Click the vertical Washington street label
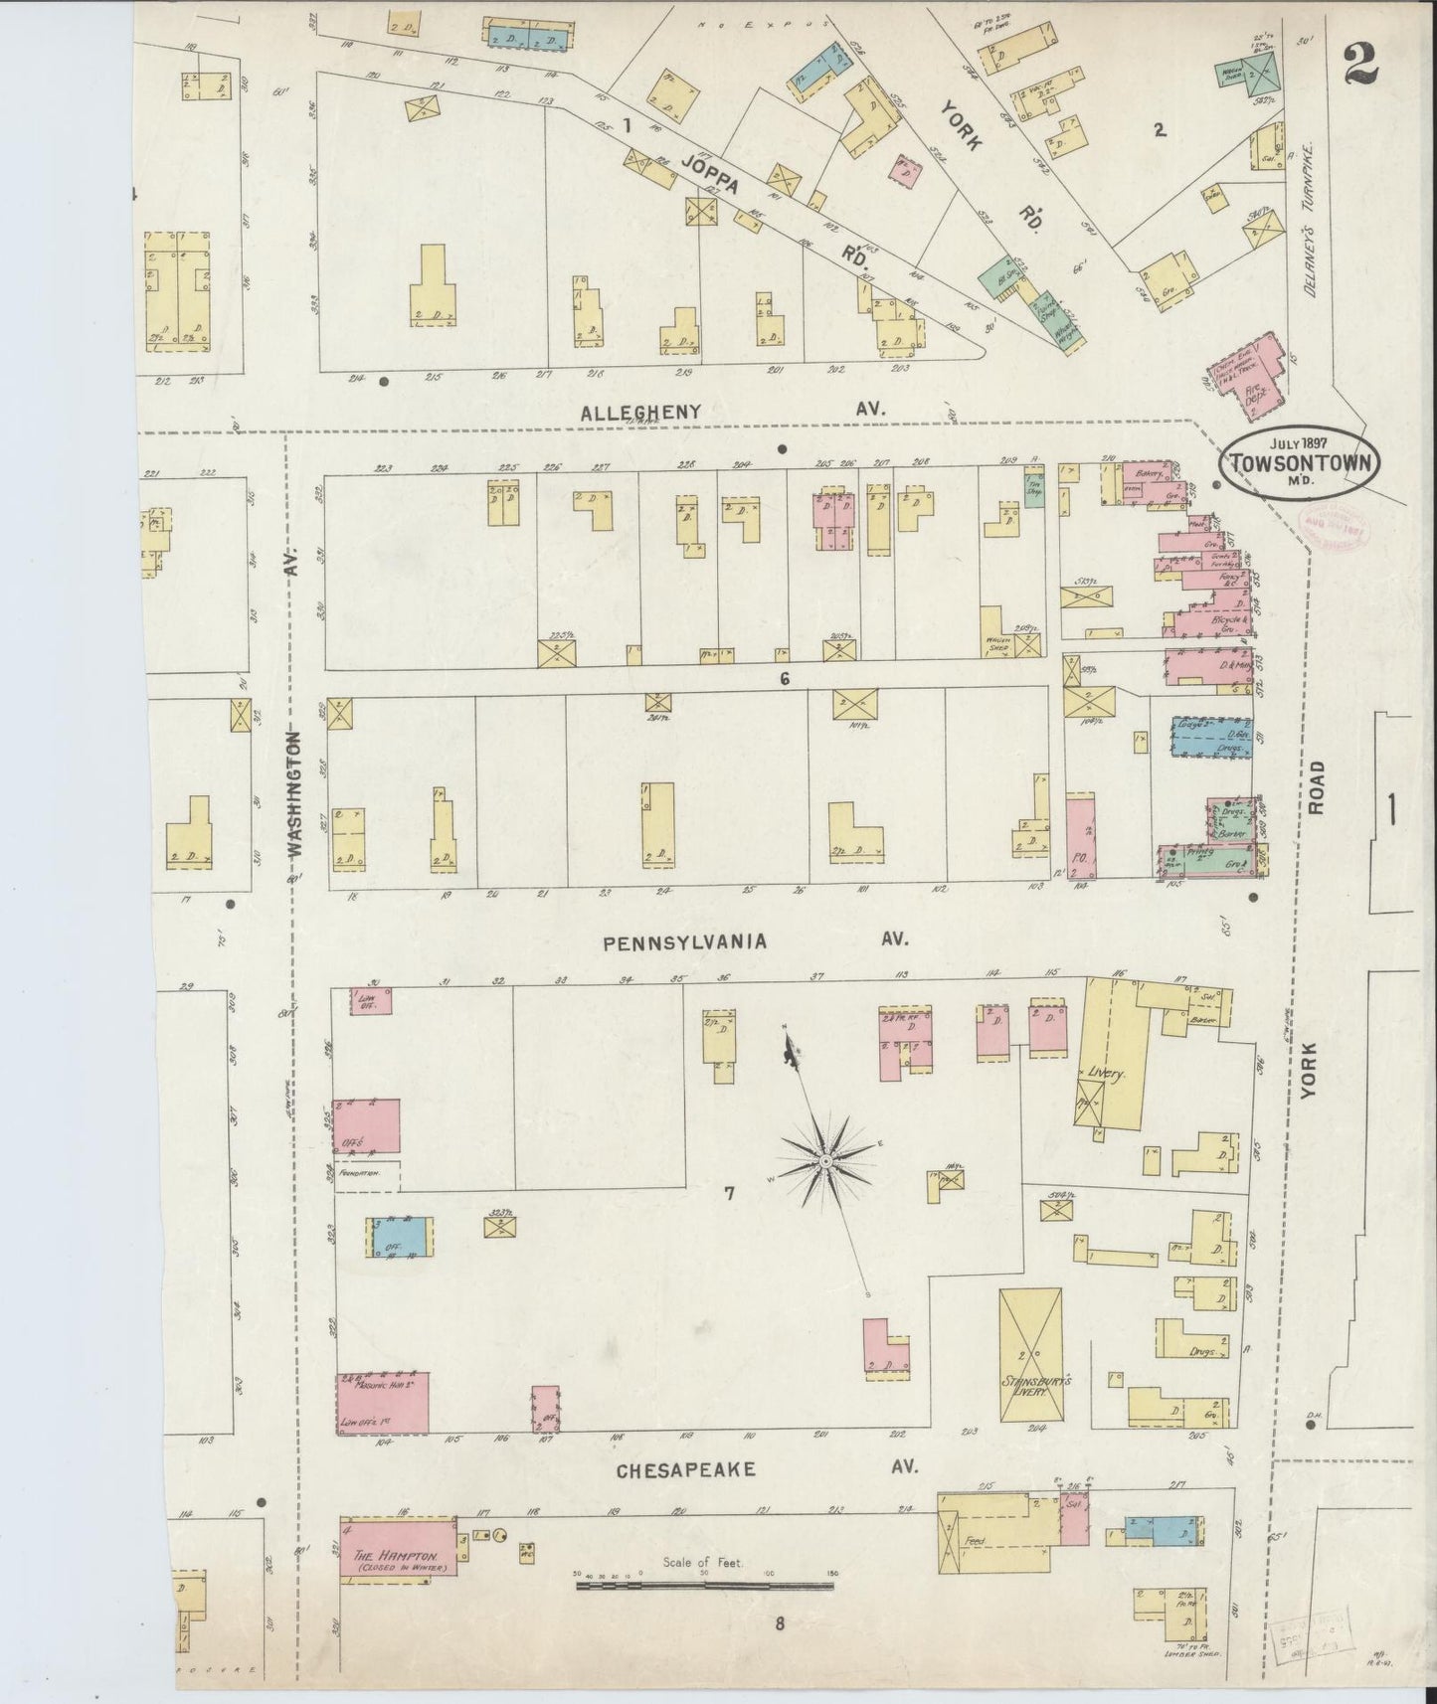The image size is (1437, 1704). pyautogui.click(x=295, y=795)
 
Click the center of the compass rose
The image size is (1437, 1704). pyautogui.click(x=824, y=1160)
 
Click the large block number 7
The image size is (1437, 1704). pyautogui.click(x=729, y=1193)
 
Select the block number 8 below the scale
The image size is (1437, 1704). pyautogui.click(x=780, y=1625)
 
